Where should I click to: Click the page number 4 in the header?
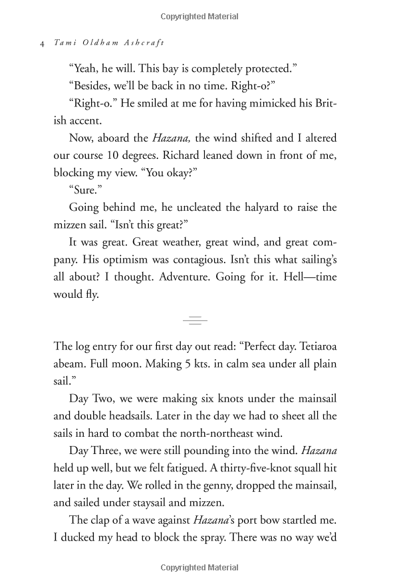click(x=42, y=43)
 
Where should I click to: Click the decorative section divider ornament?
click(x=195, y=320)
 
